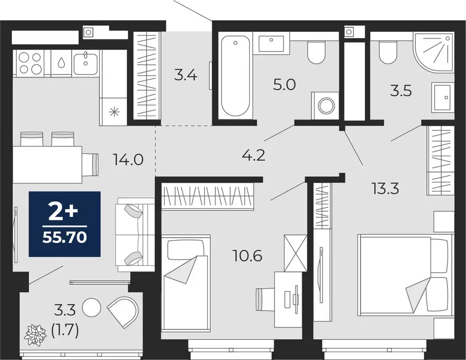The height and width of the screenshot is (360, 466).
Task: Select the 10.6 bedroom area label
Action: tap(248, 256)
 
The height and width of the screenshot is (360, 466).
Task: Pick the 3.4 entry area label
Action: tap(185, 75)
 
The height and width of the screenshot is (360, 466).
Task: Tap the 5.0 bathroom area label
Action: tap(285, 85)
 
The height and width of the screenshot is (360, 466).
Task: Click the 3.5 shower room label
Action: tap(401, 90)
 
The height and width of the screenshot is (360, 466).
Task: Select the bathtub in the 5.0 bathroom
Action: tap(235, 77)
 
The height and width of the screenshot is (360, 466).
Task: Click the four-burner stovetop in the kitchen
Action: tap(30, 63)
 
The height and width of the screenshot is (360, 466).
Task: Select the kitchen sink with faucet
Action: tap(85, 63)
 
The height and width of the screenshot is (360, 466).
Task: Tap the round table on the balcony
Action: tap(92, 307)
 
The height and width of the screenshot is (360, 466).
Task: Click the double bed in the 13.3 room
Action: tap(405, 275)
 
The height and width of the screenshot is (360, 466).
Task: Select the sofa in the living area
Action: tap(135, 234)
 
